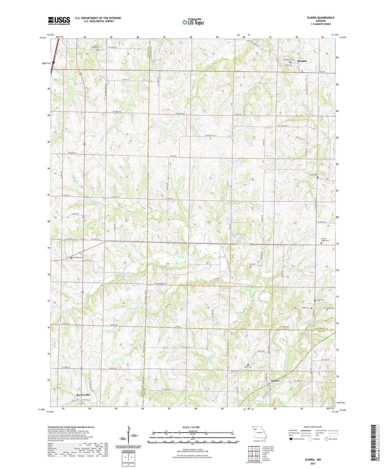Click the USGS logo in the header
tap(59, 20)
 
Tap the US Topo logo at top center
tap(192, 22)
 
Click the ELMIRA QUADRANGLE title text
tap(321, 17)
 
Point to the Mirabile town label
tap(302, 61)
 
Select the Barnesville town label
tap(83, 395)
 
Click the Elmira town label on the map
tap(275, 381)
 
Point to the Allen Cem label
tap(248, 367)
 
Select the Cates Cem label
tap(320, 300)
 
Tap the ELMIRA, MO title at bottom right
tap(313, 460)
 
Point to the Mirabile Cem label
tap(288, 60)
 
